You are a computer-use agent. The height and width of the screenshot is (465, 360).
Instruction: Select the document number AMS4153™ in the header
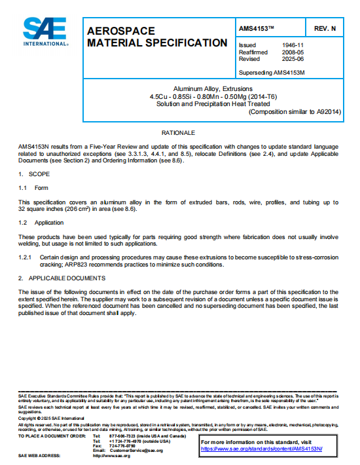tap(259, 29)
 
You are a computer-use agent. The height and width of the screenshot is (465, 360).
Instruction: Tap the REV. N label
tap(325, 29)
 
